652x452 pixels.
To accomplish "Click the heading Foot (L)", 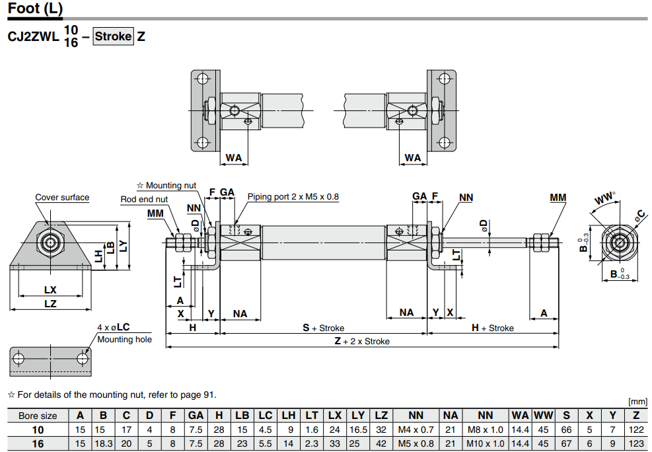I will pyautogui.click(x=36, y=9).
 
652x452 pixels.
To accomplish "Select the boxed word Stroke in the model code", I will pyautogui.click(x=113, y=36).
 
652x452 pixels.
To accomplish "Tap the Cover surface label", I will pyautogui.click(x=62, y=198).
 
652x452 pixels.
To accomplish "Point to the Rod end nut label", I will pyautogui.click(x=144, y=199).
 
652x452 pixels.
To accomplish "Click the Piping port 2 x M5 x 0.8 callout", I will pyautogui.click(x=293, y=196).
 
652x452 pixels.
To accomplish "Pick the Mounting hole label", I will pyautogui.click(x=124, y=339).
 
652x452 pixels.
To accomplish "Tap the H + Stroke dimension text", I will pyautogui.click(x=492, y=328).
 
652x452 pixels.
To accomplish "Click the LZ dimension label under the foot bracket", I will pyautogui.click(x=50, y=304).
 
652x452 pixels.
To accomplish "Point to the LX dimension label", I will pyautogui.click(x=50, y=289).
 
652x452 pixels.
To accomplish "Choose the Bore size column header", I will pyautogui.click(x=38, y=416).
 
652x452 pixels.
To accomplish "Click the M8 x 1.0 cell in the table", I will pyautogui.click(x=485, y=430).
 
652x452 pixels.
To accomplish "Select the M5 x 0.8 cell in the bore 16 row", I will pyautogui.click(x=416, y=443).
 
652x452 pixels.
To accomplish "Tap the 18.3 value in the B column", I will pyautogui.click(x=103, y=443).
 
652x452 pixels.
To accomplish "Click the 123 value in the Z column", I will pyautogui.click(x=635, y=443).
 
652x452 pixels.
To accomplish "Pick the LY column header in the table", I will pyautogui.click(x=358, y=416).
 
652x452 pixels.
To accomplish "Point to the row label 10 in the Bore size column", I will pyautogui.click(x=38, y=430).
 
